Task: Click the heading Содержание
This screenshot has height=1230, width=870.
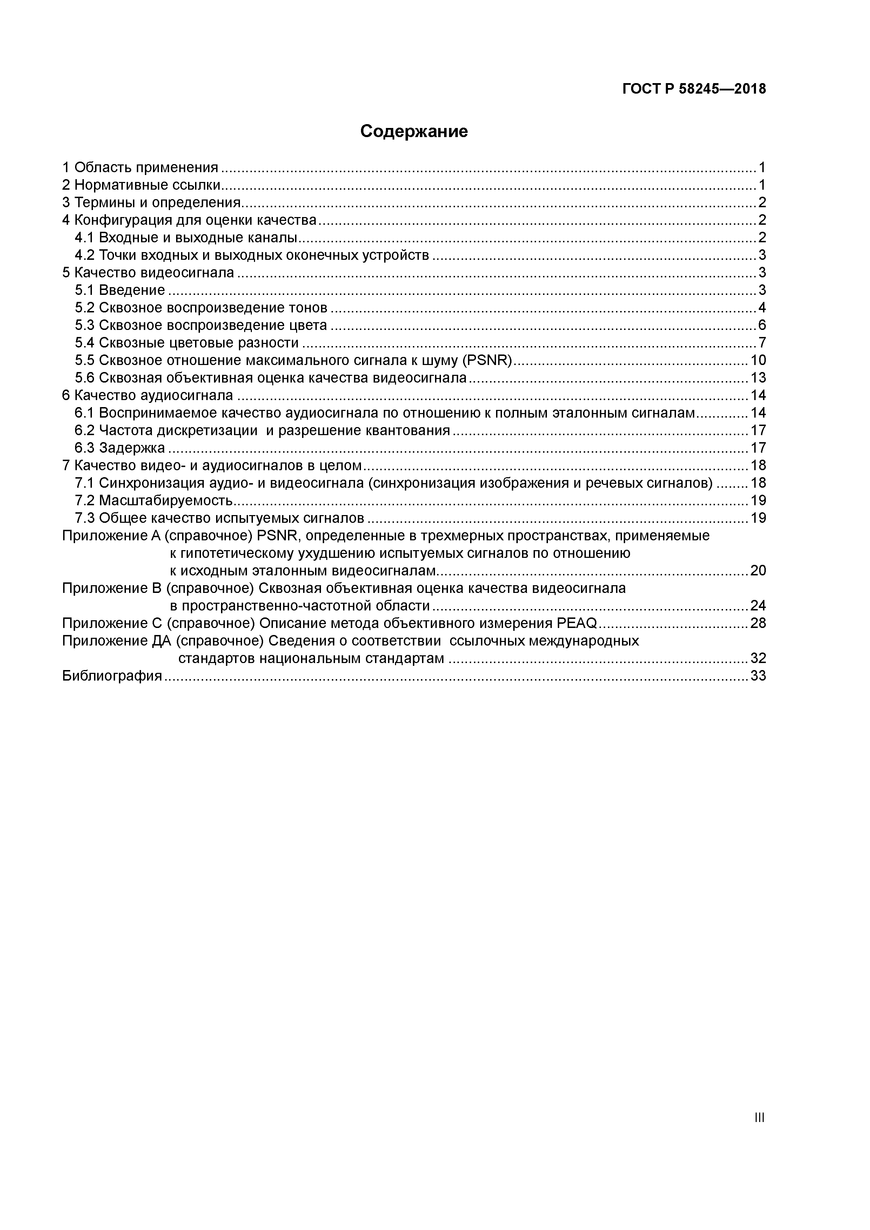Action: (x=414, y=131)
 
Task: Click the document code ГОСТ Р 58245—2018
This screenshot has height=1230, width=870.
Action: (x=694, y=89)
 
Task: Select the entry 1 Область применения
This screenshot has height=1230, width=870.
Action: (x=140, y=168)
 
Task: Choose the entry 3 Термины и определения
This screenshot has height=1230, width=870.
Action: (x=152, y=203)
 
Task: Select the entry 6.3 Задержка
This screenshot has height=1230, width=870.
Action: (x=120, y=448)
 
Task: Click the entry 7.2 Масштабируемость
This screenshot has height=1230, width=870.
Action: (x=154, y=500)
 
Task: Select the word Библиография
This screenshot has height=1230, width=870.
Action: (x=112, y=676)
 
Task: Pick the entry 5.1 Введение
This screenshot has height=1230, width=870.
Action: (x=120, y=290)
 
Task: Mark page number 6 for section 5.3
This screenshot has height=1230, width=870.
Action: (x=762, y=325)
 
